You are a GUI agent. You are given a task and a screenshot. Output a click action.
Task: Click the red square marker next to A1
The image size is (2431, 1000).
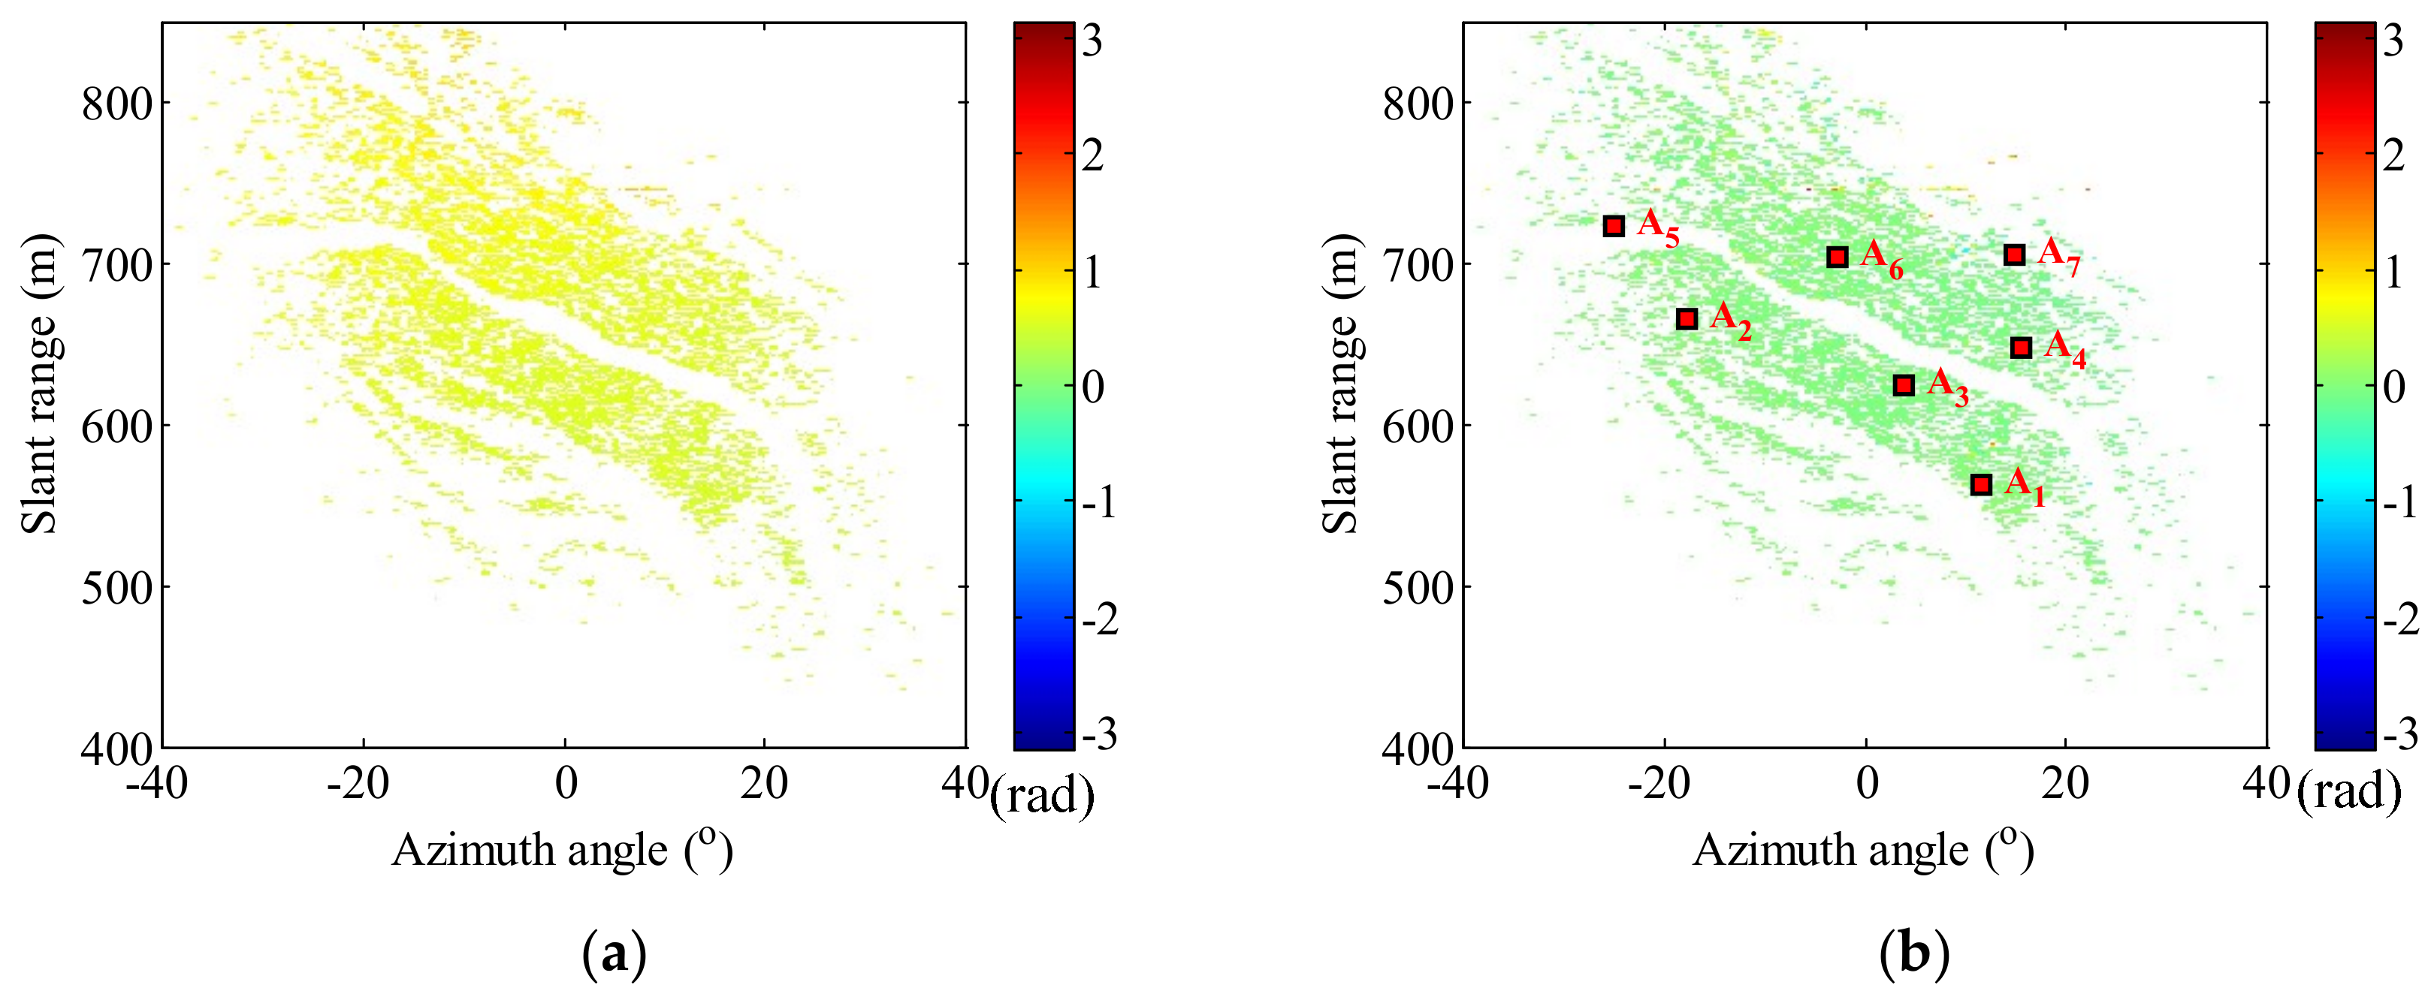[x=1981, y=485]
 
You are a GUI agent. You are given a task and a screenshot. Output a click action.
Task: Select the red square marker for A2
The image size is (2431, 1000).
[x=1687, y=319]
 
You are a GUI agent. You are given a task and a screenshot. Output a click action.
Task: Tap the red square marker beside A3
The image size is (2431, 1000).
[x=1904, y=385]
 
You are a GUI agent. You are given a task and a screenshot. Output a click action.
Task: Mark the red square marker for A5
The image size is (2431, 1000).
[x=1614, y=227]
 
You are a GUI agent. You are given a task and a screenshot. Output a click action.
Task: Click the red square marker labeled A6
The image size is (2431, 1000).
[x=1837, y=257]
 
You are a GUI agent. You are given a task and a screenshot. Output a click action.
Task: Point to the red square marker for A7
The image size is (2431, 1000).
[x=2014, y=255]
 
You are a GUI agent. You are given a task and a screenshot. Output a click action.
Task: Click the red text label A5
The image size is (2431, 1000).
[x=1657, y=227]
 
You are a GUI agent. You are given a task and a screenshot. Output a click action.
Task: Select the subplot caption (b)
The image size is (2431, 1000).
[x=1914, y=955]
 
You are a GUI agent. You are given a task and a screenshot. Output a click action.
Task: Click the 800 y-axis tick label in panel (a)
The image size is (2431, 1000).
[x=117, y=104]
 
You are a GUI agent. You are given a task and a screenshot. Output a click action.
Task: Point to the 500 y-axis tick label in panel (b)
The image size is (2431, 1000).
[x=1418, y=588]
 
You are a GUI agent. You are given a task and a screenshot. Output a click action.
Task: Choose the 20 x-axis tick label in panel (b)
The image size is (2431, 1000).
[x=2065, y=784]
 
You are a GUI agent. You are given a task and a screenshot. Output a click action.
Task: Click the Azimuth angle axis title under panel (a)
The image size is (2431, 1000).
[x=563, y=850]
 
